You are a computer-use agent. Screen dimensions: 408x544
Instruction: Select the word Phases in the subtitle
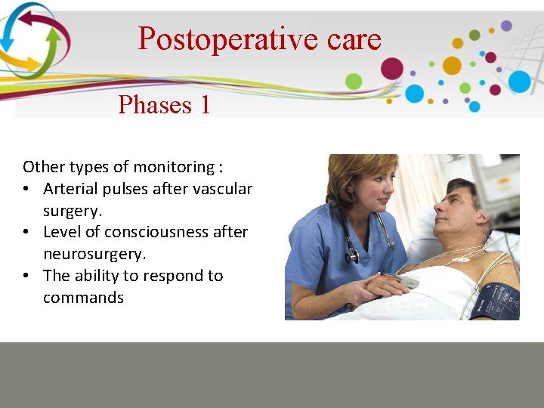pyautogui.click(x=155, y=104)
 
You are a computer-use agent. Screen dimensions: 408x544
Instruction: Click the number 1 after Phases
pyautogui.click(x=205, y=104)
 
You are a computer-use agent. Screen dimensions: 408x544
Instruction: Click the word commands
pyautogui.click(x=83, y=298)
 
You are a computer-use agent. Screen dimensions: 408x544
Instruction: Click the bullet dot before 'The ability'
pyautogui.click(x=27, y=276)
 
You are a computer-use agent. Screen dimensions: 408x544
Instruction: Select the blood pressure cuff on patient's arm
pyautogui.click(x=495, y=300)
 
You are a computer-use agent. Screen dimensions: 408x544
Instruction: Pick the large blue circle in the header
pyautogui.click(x=519, y=82)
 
